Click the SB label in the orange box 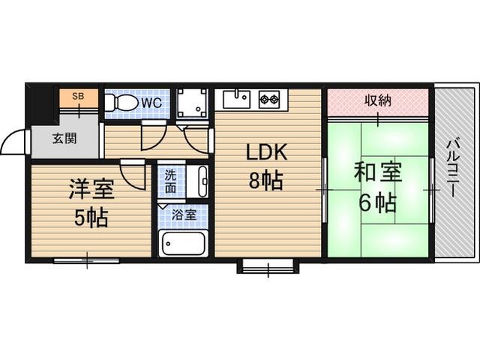point(78,97)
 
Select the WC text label point(151,103)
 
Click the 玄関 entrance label point(64,139)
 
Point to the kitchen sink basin point(235,99)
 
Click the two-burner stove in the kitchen point(269,99)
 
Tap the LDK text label point(267,152)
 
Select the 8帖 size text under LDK point(265,181)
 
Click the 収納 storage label point(378,100)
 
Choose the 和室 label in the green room point(377,173)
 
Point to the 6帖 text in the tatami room point(378,202)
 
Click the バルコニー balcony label point(454,168)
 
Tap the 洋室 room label point(91,189)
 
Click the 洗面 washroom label point(170,181)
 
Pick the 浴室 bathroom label point(184,214)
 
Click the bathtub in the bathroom point(183,243)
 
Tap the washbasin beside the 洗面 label point(198,181)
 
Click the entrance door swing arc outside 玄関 point(13,142)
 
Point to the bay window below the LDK point(268,266)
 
